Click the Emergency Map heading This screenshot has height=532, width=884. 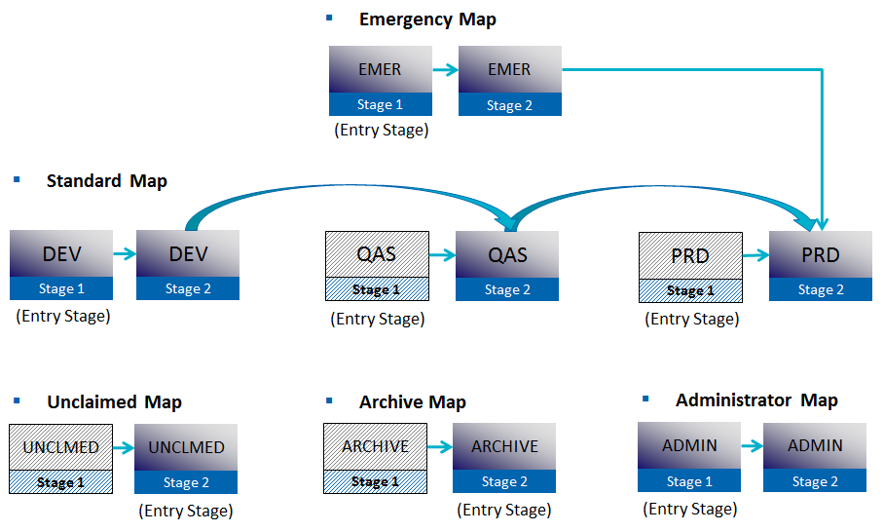[427, 19]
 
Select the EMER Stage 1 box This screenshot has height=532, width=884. [380, 81]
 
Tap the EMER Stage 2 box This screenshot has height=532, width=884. [509, 81]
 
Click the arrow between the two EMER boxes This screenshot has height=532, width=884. [445, 70]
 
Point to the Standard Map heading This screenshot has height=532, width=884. [106, 181]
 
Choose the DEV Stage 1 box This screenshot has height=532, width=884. [61, 265]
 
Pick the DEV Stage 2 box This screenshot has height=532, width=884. [188, 265]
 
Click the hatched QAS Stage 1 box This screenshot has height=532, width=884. [376, 266]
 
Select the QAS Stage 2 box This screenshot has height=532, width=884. [507, 265]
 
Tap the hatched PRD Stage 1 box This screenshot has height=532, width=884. [690, 266]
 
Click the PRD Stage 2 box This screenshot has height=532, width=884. [820, 265]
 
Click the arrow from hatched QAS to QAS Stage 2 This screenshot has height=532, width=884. [442, 255]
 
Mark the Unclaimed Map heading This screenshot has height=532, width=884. [114, 402]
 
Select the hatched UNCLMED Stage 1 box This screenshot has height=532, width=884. [60, 459]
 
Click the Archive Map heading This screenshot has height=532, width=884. [412, 402]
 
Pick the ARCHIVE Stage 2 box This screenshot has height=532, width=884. [504, 458]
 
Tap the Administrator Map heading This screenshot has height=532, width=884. [756, 400]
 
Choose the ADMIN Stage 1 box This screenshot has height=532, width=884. [689, 457]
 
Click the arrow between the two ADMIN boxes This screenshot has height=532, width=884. [752, 446]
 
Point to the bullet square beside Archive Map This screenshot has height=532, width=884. [329, 399]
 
